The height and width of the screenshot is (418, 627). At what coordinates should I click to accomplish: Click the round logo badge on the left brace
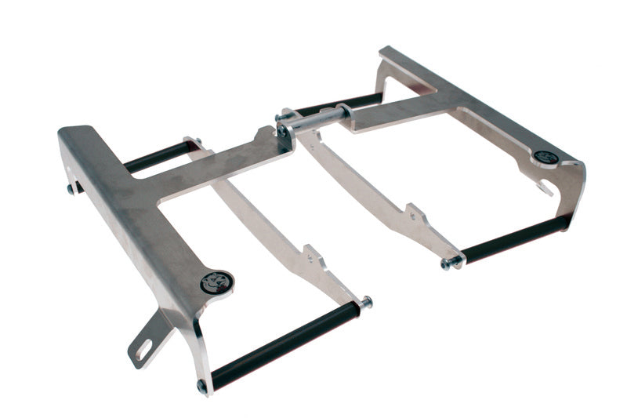pos(216,282)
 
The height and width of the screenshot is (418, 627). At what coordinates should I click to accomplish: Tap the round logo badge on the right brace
pos(548,158)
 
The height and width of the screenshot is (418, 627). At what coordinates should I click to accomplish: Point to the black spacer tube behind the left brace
pos(156,157)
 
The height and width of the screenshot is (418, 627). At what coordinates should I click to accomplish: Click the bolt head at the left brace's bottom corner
pos(202,386)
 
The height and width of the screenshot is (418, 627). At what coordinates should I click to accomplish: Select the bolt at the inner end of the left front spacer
pos(365,302)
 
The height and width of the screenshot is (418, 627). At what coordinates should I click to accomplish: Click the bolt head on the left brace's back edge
pos(71,189)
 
